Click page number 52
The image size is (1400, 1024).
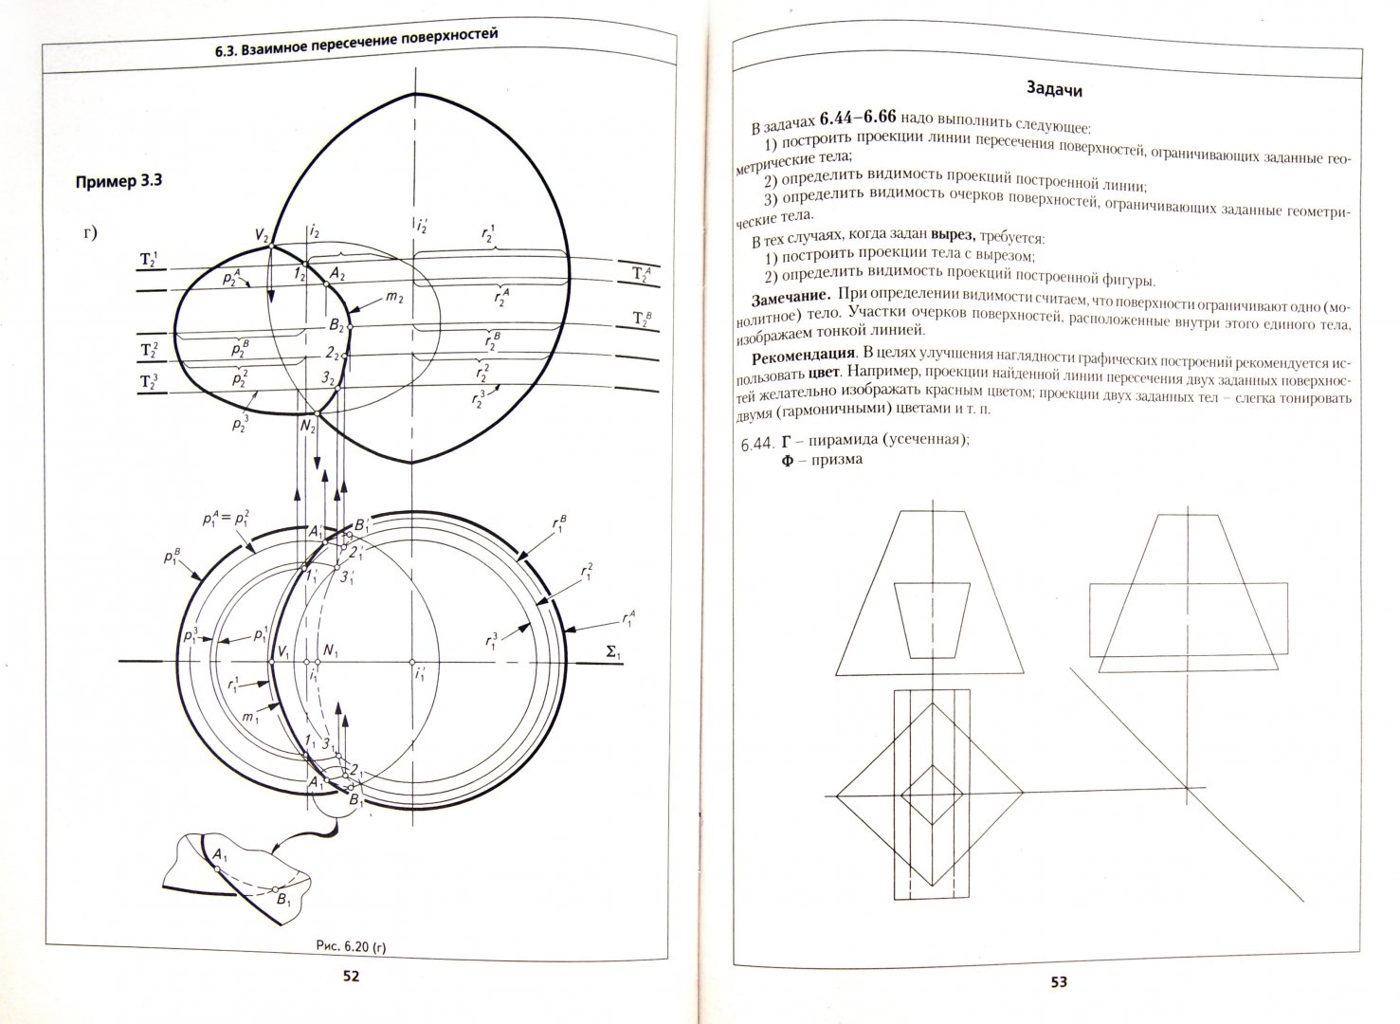(350, 978)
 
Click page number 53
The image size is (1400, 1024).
(1058, 982)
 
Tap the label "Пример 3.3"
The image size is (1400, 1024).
(118, 181)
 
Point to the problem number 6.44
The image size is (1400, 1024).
(755, 444)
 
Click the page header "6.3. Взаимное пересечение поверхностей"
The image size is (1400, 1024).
(356, 40)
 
